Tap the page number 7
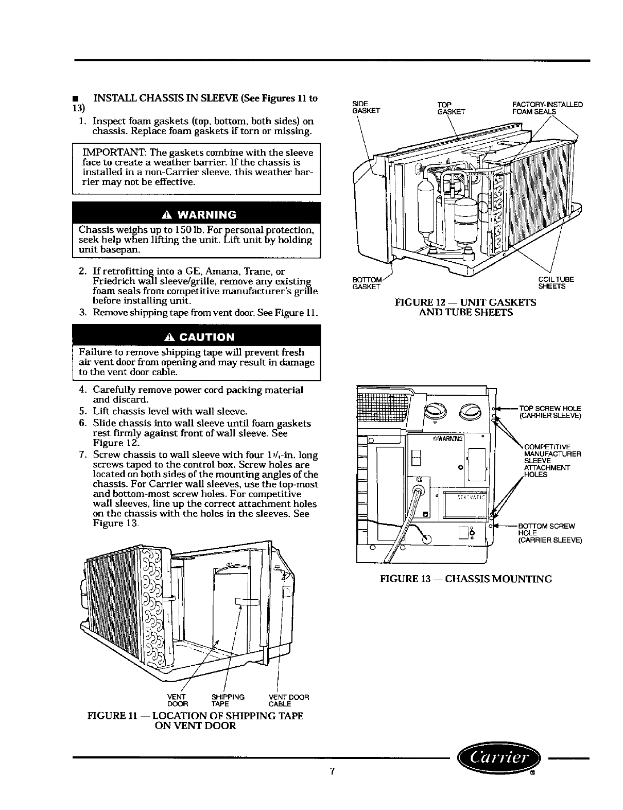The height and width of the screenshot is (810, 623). point(333,771)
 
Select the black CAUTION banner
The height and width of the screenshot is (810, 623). point(197,337)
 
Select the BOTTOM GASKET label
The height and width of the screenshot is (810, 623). point(366,283)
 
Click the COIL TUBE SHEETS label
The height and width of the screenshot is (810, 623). point(556,283)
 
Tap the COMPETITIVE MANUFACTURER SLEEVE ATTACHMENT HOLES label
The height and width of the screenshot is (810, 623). point(549,461)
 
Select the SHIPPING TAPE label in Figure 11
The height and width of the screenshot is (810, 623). point(228,700)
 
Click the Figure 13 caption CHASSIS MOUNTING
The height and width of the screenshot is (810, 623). point(465,579)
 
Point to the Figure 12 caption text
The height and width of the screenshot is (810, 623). point(465,307)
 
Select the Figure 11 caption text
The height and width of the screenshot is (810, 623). point(196,720)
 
